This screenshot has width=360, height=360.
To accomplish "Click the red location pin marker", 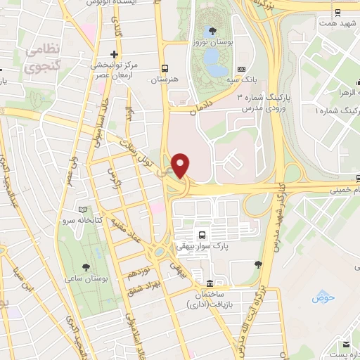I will click(x=181, y=165).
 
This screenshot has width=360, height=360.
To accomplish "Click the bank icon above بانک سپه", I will click(x=242, y=70).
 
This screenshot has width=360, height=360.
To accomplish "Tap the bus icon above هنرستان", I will click(x=164, y=68).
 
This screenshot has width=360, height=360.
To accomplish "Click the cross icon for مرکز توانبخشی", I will click(x=113, y=55).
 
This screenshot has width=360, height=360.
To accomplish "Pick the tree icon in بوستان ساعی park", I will click(x=85, y=266).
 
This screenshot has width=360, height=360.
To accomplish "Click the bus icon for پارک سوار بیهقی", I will click(x=202, y=236).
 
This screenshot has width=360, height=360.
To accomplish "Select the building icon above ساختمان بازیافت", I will click(x=200, y=274).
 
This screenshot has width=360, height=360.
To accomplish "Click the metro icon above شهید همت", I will click(x=339, y=13).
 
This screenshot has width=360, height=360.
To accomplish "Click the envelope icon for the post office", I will click(x=344, y=345).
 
